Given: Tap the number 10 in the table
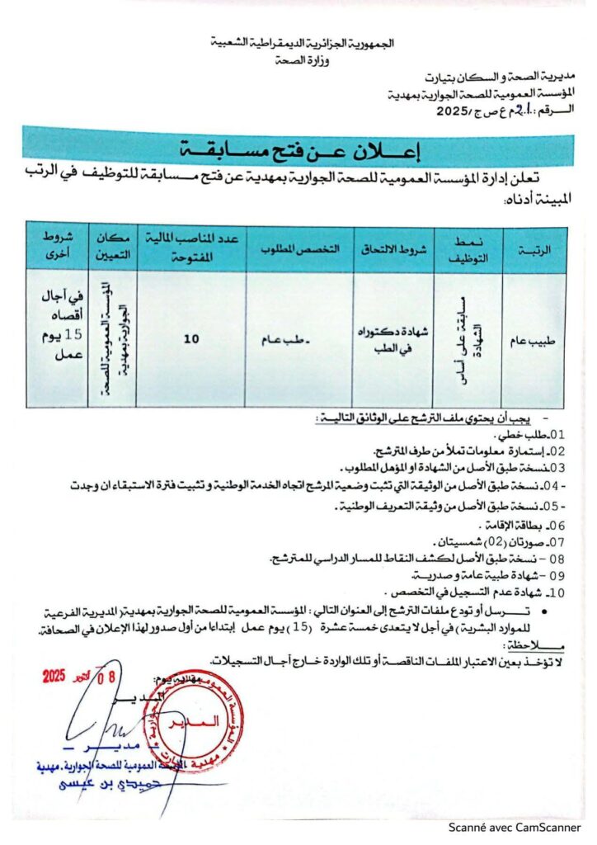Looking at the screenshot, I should coord(191,338).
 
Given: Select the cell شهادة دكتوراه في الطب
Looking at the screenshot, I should coord(393,338).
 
